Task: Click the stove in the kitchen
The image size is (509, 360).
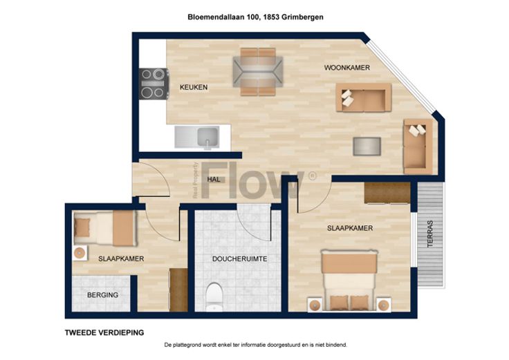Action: [x=154, y=84]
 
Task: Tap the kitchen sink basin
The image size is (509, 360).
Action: [x=207, y=138]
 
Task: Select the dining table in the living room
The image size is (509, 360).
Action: [x=258, y=72]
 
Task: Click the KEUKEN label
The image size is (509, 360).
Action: [x=194, y=87]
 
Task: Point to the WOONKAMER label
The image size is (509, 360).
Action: [x=347, y=68]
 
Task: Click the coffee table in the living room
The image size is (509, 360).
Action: [x=367, y=146]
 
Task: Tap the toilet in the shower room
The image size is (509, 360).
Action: [x=214, y=296]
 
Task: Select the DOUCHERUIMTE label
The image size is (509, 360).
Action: [x=239, y=259]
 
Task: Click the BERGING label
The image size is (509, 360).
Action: [x=102, y=295]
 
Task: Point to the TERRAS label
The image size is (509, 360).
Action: [x=430, y=234]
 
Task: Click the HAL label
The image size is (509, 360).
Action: [x=214, y=180]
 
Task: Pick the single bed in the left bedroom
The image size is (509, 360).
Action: [x=104, y=227]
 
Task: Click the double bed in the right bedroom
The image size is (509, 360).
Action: [x=349, y=281]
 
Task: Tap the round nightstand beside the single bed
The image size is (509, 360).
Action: [x=80, y=253]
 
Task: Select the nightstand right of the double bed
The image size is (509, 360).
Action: [x=384, y=305]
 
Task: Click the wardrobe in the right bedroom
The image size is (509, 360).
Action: [x=387, y=193]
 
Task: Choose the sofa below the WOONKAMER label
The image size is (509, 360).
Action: [x=364, y=97]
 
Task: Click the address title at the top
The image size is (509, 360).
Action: [x=255, y=17]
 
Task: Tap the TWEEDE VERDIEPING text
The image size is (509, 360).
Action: [x=104, y=333]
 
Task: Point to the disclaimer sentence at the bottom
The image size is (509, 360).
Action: [x=256, y=345]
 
